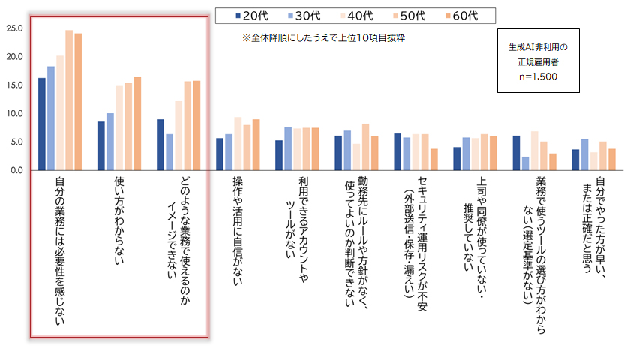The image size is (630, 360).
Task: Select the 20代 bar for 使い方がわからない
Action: point(101,146)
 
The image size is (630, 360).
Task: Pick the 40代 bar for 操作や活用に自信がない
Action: point(238,144)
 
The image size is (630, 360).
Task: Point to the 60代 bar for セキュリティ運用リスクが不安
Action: point(434,160)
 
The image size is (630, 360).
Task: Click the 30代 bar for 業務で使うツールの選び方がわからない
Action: point(524,163)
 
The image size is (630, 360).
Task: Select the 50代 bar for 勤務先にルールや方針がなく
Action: point(365,147)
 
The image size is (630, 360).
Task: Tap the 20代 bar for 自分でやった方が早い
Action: point(575,160)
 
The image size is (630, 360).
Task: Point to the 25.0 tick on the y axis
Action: point(15,28)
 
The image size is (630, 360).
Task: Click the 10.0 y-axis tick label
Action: point(15,114)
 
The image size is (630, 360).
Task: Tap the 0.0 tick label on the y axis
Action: point(17,170)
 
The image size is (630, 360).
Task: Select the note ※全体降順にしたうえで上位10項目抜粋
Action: point(323,37)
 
